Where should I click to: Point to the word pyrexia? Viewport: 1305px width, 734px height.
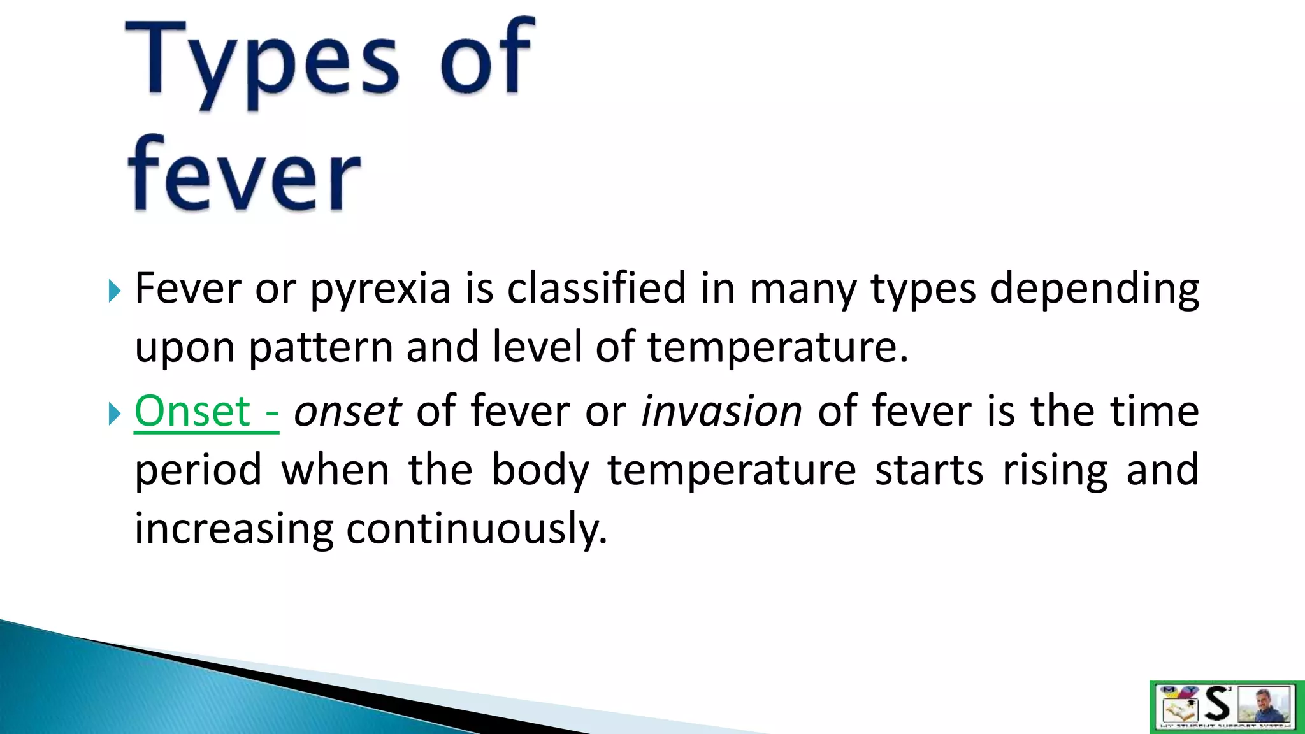click(x=380, y=289)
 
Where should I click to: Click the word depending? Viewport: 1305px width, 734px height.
click(x=1094, y=289)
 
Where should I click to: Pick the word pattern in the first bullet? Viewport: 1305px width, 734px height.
click(x=320, y=348)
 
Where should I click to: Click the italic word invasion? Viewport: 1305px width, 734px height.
click(x=721, y=411)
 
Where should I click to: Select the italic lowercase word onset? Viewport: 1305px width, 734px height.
click(x=347, y=411)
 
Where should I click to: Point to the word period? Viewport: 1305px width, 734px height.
click(x=198, y=470)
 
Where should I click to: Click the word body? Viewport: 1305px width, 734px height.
click(x=540, y=470)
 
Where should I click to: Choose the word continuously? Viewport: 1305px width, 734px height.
click(x=477, y=529)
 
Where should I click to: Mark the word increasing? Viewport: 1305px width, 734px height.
click(x=233, y=529)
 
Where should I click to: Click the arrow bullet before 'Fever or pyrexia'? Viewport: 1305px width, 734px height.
click(x=115, y=291)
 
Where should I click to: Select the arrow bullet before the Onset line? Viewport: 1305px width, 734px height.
click(x=115, y=414)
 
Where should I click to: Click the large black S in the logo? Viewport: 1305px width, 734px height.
click(x=1217, y=705)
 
